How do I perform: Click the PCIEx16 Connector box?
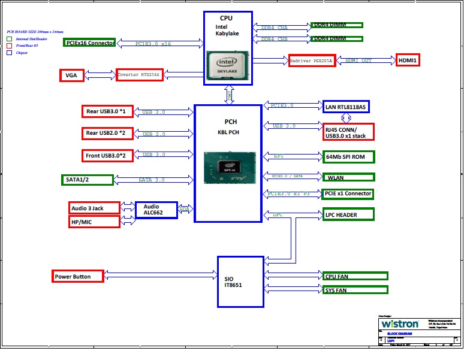[89, 43]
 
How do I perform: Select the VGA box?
[71, 75]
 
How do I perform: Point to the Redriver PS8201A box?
[311, 60]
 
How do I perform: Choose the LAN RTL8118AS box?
[345, 107]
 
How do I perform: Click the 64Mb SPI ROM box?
[348, 157]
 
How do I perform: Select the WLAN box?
[348, 177]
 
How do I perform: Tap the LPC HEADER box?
[348, 214]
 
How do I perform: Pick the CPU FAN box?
[352, 276]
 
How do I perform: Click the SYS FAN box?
[352, 290]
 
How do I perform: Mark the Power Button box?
[78, 277]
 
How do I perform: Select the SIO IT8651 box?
[240, 282]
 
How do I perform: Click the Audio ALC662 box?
[156, 210]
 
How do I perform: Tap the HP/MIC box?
[94, 222]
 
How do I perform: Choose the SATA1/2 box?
[88, 180]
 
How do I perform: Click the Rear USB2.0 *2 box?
[106, 133]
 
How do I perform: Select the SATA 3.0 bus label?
[152, 180]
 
